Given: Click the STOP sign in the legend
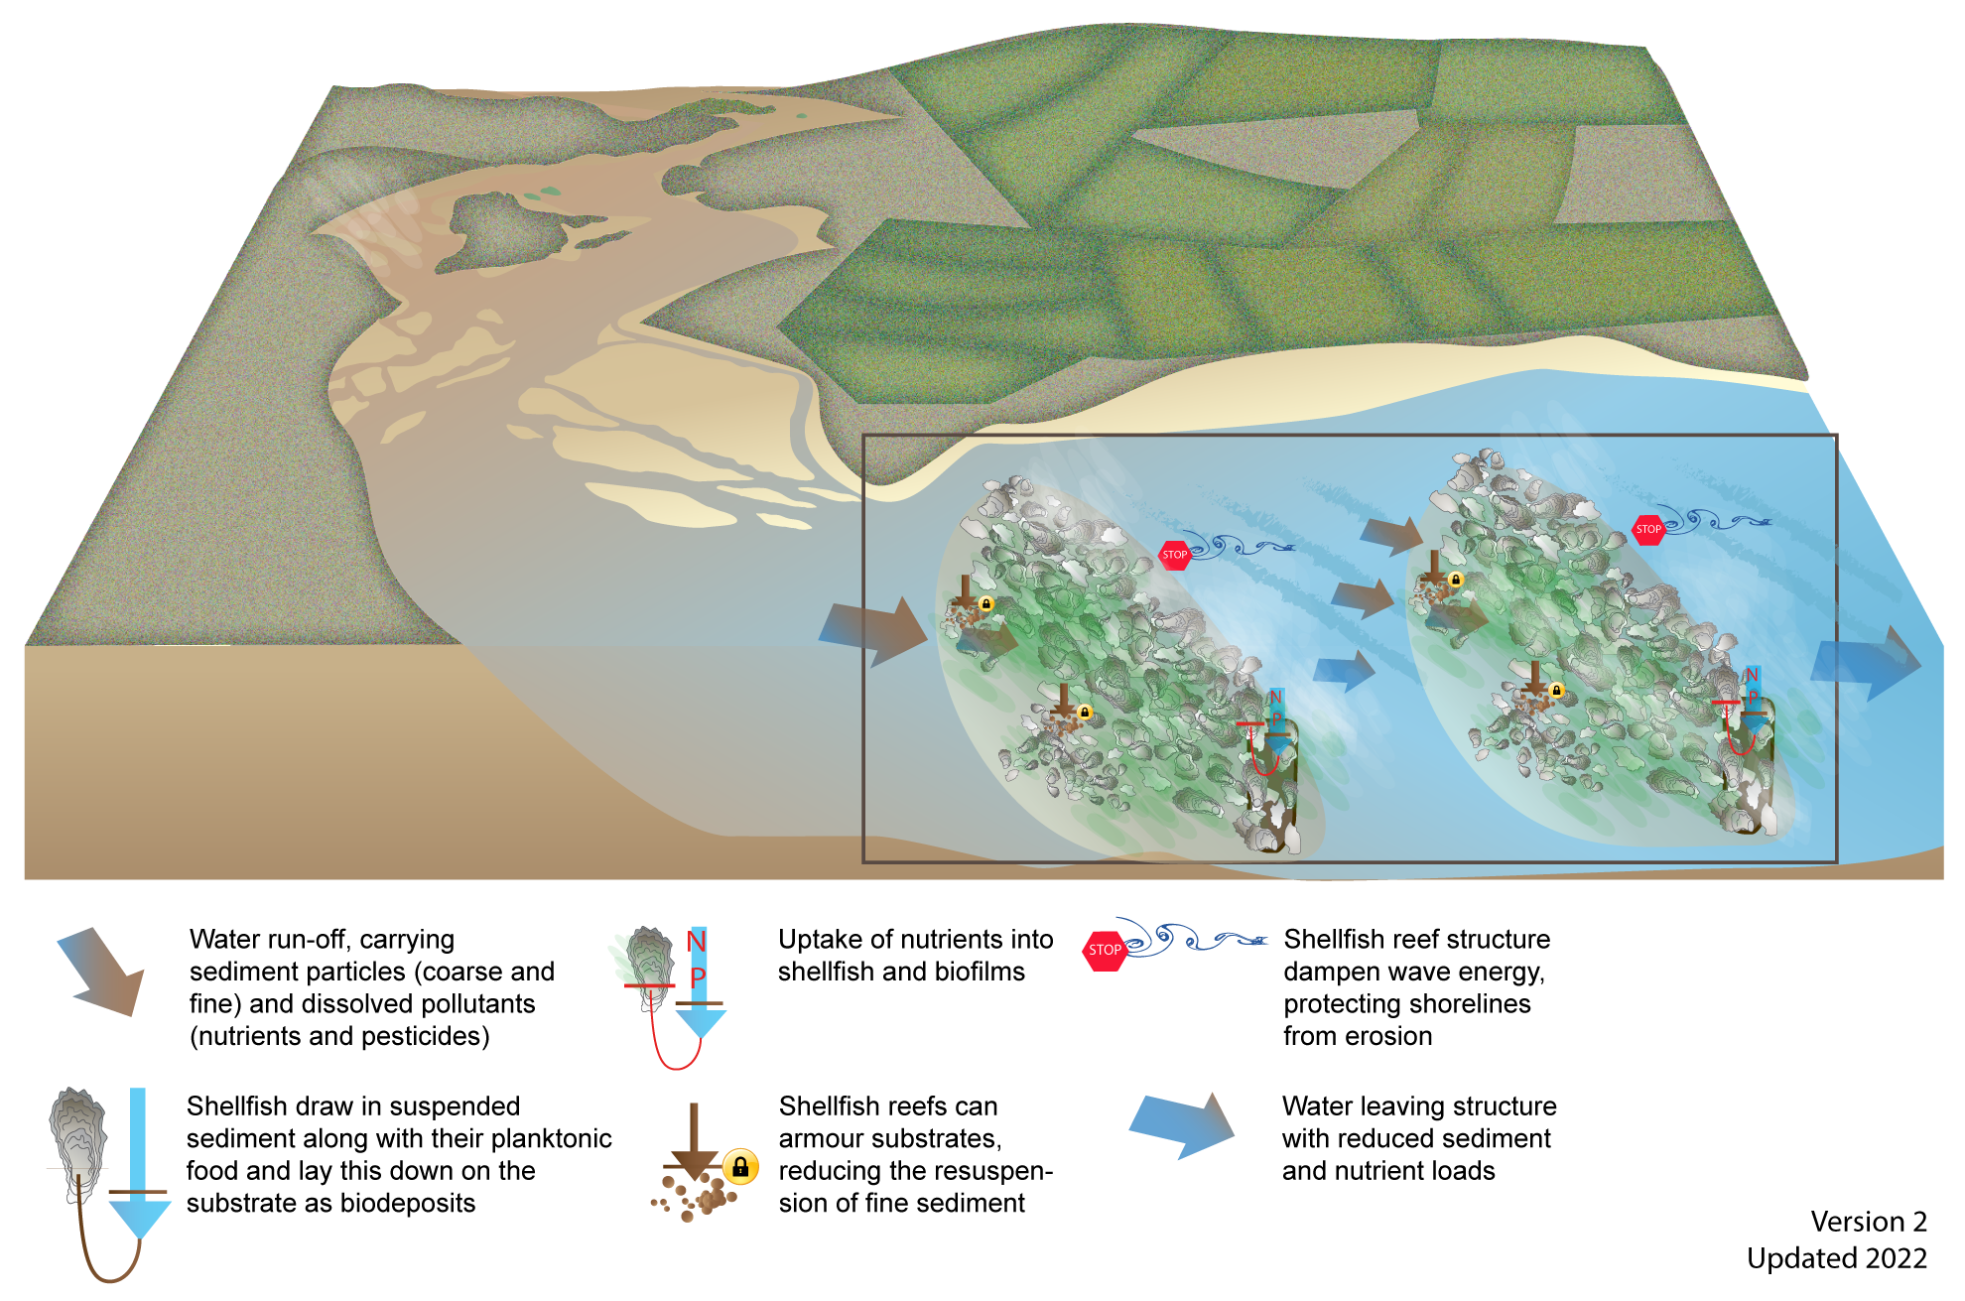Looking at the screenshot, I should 1105,950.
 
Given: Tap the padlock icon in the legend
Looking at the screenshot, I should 740,1167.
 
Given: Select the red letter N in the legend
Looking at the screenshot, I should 697,941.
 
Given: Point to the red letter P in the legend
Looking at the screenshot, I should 698,978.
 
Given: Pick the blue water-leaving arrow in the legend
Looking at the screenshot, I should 1182,1125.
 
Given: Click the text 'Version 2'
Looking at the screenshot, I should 1868,1221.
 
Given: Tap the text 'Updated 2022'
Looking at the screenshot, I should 1836,1258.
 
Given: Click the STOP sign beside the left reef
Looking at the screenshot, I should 1174,555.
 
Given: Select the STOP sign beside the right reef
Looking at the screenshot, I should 1648,529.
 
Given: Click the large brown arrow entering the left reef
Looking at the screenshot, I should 873,631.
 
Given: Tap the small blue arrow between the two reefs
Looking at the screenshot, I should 1345,672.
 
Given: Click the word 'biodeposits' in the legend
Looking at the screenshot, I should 406,1203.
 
